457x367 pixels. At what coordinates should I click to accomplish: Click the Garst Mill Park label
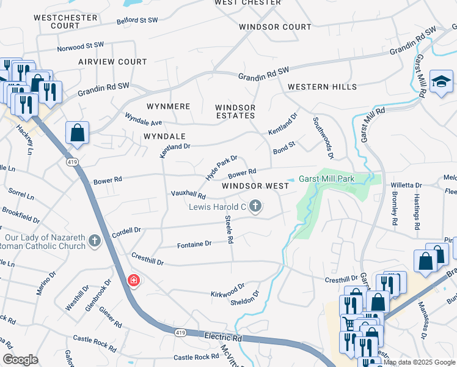click(x=327, y=179)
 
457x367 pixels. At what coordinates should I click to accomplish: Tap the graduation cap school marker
click(x=441, y=83)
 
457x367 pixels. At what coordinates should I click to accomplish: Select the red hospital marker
click(x=133, y=280)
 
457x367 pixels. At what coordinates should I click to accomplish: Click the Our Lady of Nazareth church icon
click(x=94, y=240)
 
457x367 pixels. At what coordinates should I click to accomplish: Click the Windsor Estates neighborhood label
click(x=235, y=111)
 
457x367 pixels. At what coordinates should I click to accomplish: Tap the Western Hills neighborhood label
click(x=322, y=87)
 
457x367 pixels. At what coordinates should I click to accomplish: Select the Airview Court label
click(x=112, y=62)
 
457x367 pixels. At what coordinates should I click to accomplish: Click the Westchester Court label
click(x=65, y=21)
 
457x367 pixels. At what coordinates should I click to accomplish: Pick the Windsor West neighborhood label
click(x=255, y=185)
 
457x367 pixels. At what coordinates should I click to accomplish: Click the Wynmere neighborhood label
click(x=169, y=106)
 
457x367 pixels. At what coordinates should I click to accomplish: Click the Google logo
click(x=20, y=360)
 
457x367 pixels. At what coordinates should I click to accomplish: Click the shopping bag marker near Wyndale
click(x=78, y=133)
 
